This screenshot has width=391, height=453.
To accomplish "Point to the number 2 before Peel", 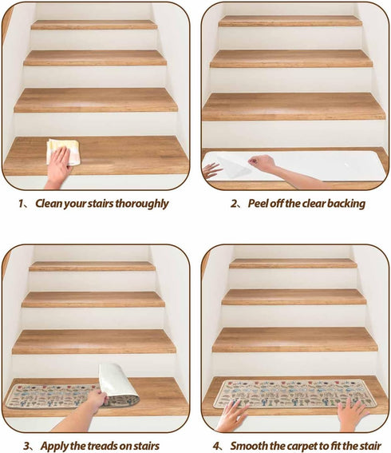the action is point(234,204).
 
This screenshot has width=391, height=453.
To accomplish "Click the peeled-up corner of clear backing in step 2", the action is point(232,167).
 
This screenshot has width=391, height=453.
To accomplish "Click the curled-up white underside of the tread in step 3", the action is point(116,380).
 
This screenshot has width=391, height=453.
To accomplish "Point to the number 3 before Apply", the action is point(26,446).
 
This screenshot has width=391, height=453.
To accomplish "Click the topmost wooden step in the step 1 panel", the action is point(94,25).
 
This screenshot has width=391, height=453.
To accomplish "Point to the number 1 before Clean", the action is point(21,204).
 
